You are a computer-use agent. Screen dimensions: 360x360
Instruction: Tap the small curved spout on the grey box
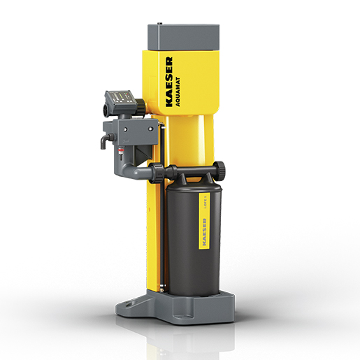pos(103,142)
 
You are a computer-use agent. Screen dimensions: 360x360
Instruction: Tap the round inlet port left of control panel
pos(107,109)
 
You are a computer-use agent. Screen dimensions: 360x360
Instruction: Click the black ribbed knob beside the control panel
pos(140,107)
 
